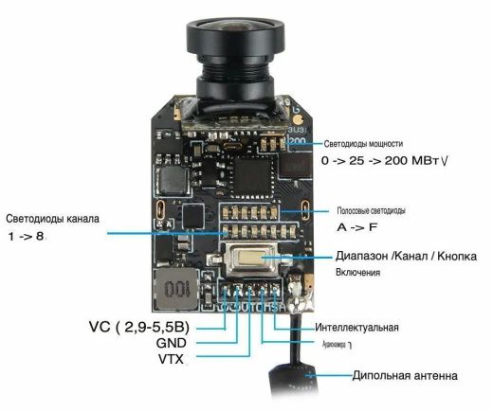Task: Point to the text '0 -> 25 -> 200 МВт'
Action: pyautogui.click(x=383, y=161)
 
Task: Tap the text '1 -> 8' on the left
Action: pyautogui.click(x=26, y=236)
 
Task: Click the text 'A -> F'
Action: pyautogui.click(x=354, y=228)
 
